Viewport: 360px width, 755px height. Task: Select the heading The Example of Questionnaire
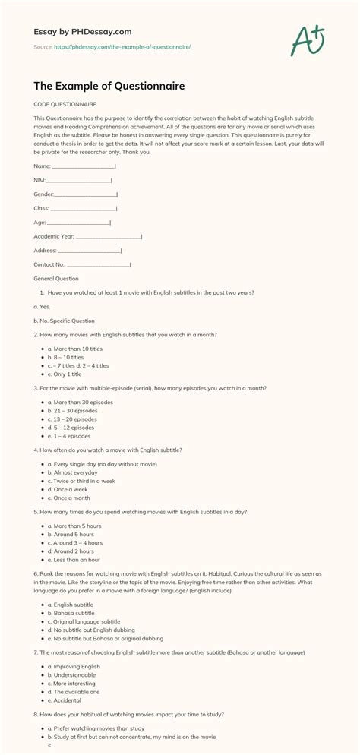[x=109, y=86]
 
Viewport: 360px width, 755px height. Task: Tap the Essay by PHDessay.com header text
[x=84, y=32]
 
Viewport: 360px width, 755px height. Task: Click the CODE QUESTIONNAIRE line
[x=65, y=104]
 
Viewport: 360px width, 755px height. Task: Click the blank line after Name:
[x=84, y=166]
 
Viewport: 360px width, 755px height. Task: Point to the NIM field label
[x=39, y=180]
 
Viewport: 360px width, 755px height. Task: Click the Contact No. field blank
[x=99, y=264]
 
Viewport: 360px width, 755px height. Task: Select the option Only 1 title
[x=68, y=374]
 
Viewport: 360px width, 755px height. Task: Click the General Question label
[x=56, y=279]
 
